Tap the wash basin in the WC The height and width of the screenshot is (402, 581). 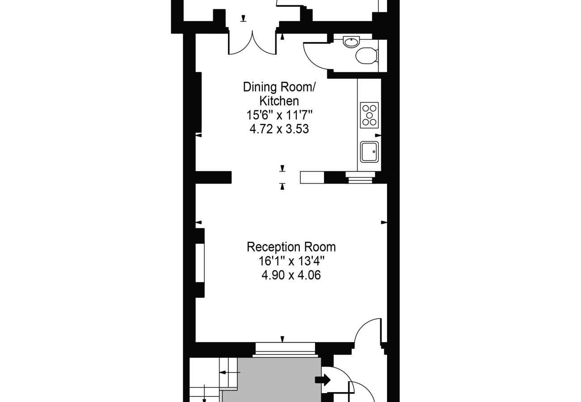point(350,42)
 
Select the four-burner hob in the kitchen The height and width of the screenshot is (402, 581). point(369,115)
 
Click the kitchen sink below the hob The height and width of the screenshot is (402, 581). point(369,152)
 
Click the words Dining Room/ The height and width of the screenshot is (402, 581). point(279,87)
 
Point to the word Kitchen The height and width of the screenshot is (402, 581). point(279,101)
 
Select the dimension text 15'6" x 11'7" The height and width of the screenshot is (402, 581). point(279,115)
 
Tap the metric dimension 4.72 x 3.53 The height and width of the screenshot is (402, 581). point(279,130)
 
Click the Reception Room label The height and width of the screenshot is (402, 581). point(291,247)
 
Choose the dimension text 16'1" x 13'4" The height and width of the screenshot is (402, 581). point(291,261)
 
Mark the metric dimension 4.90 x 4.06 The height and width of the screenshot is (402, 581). point(291,275)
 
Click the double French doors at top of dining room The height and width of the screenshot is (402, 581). point(253,43)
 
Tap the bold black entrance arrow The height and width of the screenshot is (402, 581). point(323,380)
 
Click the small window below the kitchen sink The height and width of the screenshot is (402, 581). point(360,178)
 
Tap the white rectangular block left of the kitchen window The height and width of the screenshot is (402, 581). point(312,177)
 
